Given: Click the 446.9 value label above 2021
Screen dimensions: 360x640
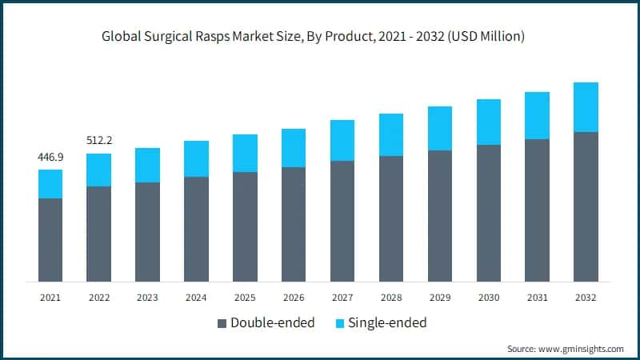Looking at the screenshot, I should (x=50, y=157).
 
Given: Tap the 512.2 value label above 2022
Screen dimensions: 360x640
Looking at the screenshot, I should (x=99, y=141).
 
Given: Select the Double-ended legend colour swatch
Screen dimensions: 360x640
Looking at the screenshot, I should (x=222, y=323).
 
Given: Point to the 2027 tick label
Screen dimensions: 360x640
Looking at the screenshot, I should (x=342, y=298).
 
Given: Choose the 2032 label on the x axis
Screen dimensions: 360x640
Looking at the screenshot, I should (x=586, y=298).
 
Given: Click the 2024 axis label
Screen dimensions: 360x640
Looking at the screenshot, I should (x=196, y=298).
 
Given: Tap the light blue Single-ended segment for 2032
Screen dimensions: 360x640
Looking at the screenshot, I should (x=586, y=107).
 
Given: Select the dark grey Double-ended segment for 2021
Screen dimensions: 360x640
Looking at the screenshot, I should (x=50, y=240).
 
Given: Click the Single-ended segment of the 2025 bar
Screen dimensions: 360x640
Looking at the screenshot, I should (x=245, y=153).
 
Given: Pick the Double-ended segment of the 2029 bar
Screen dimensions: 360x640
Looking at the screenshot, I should (x=440, y=216).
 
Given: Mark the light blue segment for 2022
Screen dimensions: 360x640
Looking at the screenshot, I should (x=99, y=170).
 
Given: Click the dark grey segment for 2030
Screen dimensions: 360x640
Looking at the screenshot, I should (x=489, y=213).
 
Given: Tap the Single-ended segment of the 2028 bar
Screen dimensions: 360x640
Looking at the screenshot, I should (x=391, y=134).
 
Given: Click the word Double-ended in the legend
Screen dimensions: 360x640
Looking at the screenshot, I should (x=272, y=323).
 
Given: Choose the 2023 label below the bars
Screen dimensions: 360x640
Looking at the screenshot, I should (x=147, y=298).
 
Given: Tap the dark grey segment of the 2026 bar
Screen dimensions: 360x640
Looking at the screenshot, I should (x=294, y=224).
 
